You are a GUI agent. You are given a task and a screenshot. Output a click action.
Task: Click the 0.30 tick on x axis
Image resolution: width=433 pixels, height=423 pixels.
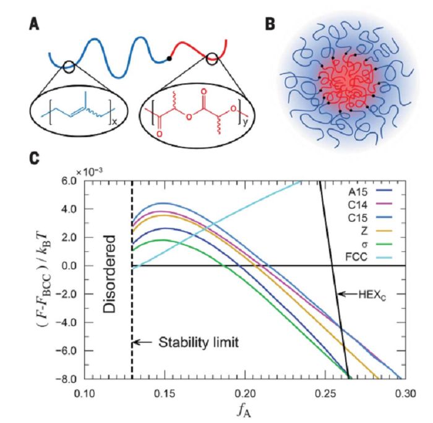point(405,393)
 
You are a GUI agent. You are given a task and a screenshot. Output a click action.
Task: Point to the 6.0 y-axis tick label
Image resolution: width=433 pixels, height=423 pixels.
point(69,181)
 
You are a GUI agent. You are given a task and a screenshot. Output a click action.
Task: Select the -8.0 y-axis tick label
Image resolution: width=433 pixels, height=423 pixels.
point(67,378)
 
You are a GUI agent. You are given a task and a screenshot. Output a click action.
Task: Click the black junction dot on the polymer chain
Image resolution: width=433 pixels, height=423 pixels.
point(169,59)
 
